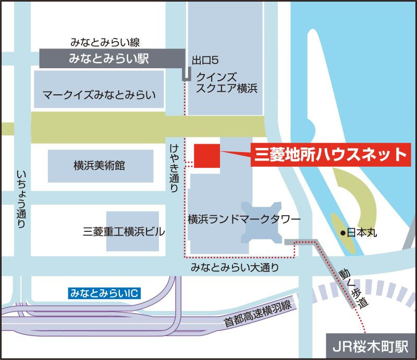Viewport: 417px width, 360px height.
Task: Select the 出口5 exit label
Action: click(201, 60)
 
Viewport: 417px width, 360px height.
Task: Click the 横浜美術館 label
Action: click(100, 166)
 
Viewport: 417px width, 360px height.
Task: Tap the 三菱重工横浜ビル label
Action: click(124, 231)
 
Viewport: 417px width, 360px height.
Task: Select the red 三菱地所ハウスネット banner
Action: click(329, 154)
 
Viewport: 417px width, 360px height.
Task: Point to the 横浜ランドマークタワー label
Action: click(244, 220)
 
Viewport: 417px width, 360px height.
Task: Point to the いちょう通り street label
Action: click(21, 198)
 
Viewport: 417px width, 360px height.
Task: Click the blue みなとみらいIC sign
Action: click(105, 293)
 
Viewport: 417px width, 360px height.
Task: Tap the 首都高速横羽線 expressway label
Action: click(257, 314)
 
